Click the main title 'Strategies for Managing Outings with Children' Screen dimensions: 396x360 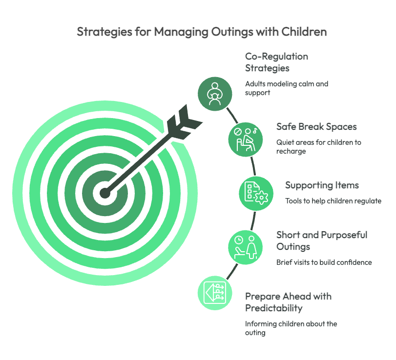[202, 32]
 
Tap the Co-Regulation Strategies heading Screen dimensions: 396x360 [276, 62]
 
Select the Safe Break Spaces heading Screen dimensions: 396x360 [316, 126]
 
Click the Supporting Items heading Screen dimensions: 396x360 [322, 185]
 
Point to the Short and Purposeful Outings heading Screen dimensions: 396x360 [322, 240]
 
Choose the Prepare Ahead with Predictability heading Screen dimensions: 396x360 [288, 302]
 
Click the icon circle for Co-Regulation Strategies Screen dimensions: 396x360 [215, 94]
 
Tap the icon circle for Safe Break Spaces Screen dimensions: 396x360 [246, 140]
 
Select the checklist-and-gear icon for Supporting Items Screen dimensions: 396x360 [256, 194]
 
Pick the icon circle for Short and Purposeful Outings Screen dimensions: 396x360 [246, 247]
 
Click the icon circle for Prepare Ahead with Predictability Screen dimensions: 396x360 [215, 293]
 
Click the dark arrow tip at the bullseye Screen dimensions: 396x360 [105, 194]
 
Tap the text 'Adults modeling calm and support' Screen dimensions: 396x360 [287, 88]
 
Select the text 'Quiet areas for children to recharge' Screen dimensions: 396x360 [319, 146]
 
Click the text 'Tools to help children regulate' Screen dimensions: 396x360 [333, 201]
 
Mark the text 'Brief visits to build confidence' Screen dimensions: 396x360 [324, 262]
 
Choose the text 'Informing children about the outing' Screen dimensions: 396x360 [291, 328]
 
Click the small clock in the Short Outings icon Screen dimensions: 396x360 [239, 240]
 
